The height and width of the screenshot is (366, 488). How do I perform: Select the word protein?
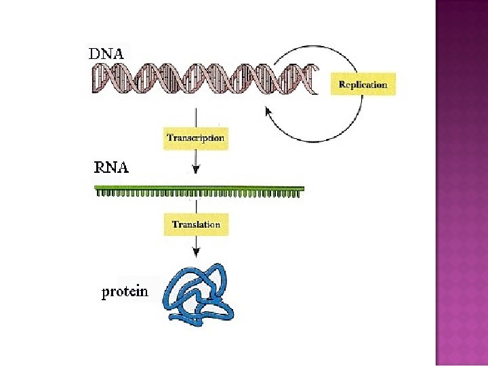click(124, 292)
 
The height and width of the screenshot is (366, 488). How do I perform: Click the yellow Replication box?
click(363, 85)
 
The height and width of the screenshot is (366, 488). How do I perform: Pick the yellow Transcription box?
click(195, 138)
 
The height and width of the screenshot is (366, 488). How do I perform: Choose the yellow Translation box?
click(196, 224)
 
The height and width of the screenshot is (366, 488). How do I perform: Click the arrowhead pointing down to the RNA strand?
click(196, 171)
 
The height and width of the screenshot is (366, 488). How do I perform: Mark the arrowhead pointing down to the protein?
click(196, 252)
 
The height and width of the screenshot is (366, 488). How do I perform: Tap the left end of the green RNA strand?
click(98, 189)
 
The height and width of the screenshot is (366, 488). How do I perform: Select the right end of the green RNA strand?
click(302, 189)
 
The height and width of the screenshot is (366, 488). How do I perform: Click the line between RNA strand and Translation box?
click(196, 205)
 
